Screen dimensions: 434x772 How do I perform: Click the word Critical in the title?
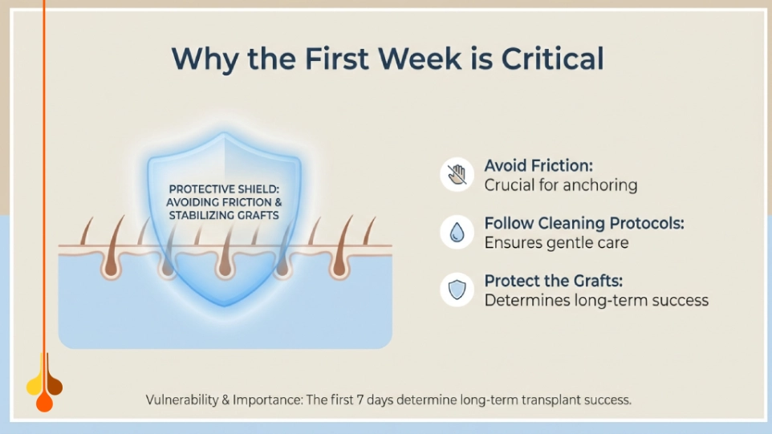pos(553,59)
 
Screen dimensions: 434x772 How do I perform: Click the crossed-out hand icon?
pos(457,174)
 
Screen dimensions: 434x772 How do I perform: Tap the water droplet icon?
pos(457,232)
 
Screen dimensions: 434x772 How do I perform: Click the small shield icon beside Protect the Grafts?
pos(457,290)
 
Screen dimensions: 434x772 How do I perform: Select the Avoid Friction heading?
pos(538,165)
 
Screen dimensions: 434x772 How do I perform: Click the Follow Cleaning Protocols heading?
pos(584,223)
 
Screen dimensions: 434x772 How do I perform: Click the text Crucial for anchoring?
pos(560,185)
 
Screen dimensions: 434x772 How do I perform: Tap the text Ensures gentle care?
pos(556,243)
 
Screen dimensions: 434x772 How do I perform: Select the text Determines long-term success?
pos(596,301)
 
